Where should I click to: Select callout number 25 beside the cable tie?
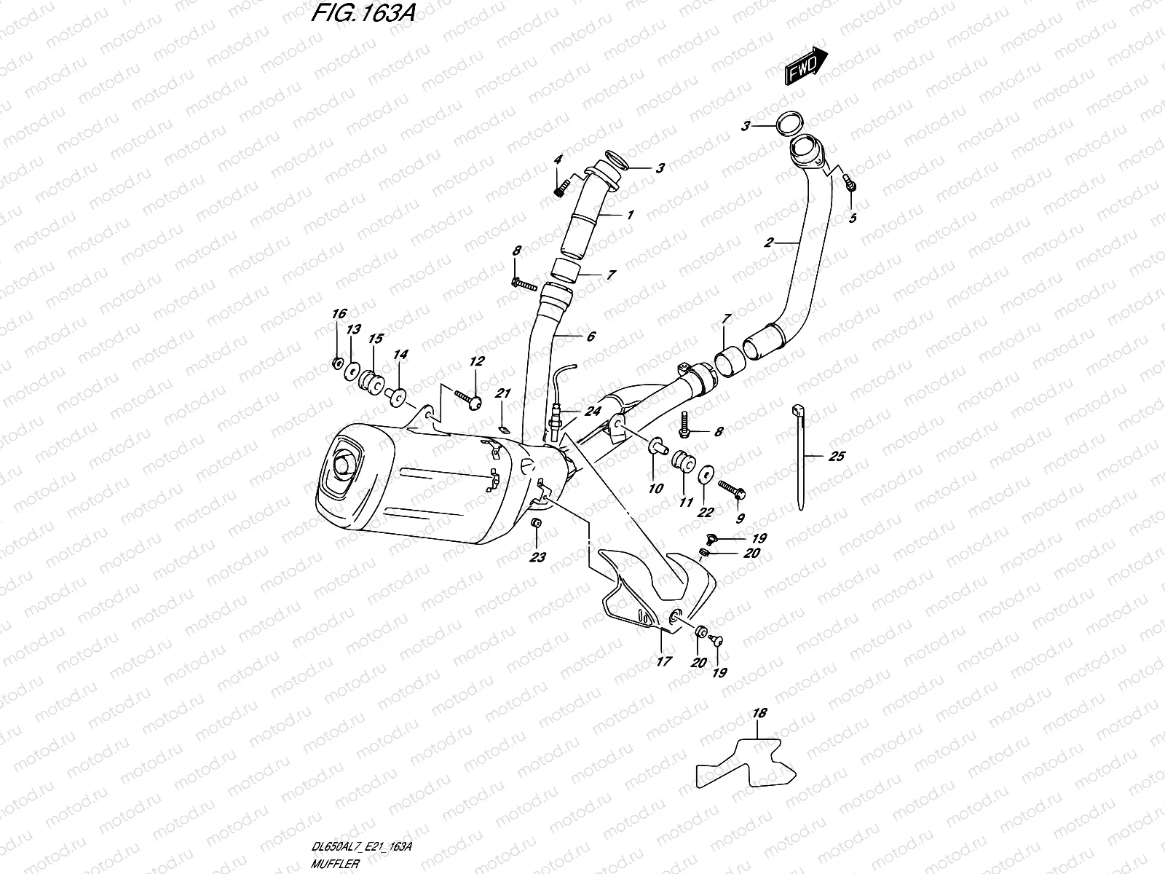(x=837, y=457)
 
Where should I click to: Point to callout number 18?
(x=759, y=714)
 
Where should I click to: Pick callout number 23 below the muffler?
(x=538, y=559)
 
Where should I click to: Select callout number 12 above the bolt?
(x=476, y=361)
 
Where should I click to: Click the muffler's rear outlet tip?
(x=341, y=471)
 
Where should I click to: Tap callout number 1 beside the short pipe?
(x=629, y=215)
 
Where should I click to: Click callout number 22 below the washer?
(x=705, y=512)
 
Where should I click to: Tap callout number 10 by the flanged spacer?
(x=655, y=488)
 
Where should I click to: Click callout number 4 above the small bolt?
(x=558, y=160)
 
